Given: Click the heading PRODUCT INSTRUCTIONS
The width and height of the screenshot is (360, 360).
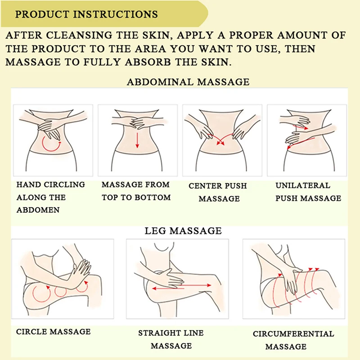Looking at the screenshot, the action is (x=86, y=14).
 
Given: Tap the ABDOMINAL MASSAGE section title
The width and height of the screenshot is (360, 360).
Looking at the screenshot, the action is (x=188, y=82).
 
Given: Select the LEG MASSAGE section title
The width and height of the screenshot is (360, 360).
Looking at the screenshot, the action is (x=183, y=231).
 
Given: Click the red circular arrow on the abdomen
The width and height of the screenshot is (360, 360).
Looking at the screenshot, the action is (x=51, y=145).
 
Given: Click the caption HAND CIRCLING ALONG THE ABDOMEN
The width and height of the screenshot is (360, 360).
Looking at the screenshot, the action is (x=50, y=197).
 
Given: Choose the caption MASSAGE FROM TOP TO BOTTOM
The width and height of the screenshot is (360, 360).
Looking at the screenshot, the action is (x=136, y=191).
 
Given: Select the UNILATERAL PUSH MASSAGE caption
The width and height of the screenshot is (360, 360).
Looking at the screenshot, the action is (x=308, y=192).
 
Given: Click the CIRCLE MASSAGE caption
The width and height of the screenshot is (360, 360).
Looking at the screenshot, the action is (x=53, y=332).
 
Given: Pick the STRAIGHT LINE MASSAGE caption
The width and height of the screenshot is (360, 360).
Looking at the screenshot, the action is (x=171, y=339).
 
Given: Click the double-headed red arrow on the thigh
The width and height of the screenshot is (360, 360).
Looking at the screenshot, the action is (x=181, y=287).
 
